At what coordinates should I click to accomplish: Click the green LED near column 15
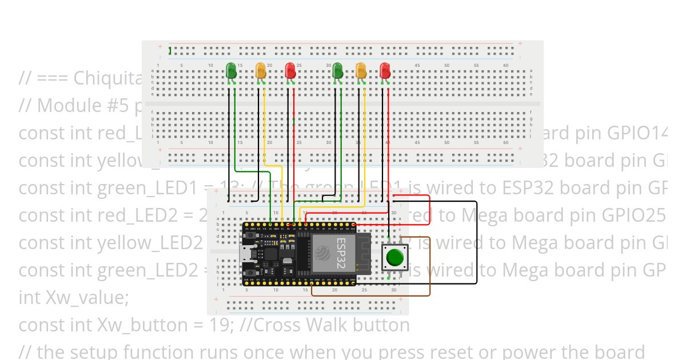coord(232,71)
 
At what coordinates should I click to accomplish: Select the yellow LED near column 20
coord(261,71)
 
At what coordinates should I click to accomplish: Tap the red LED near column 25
coord(290,71)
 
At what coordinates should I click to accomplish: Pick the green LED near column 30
coord(337,71)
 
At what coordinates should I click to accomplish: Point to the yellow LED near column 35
coord(361,71)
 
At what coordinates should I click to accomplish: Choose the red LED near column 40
coord(385,71)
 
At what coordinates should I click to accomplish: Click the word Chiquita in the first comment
coord(108,78)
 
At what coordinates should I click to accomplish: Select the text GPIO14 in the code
coord(637,133)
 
